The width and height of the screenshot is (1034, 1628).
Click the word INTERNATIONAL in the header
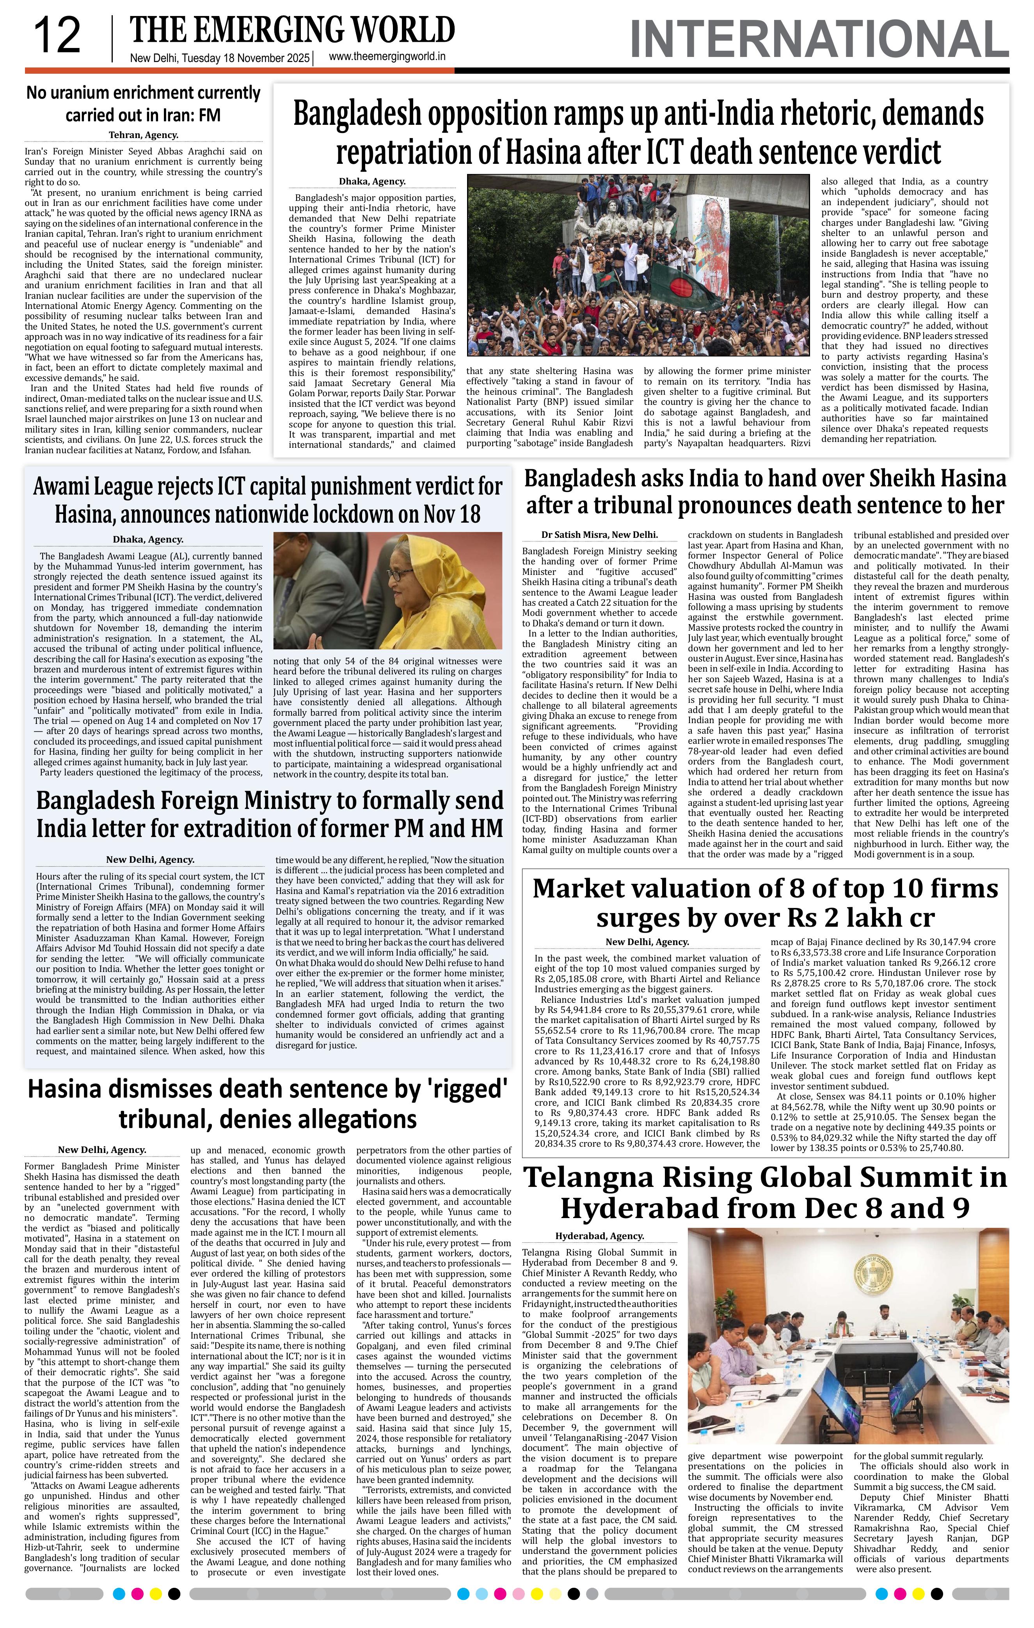(x=818, y=39)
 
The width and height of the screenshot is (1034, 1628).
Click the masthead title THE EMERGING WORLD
(x=292, y=30)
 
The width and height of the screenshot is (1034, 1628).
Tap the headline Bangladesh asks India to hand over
(x=765, y=491)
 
